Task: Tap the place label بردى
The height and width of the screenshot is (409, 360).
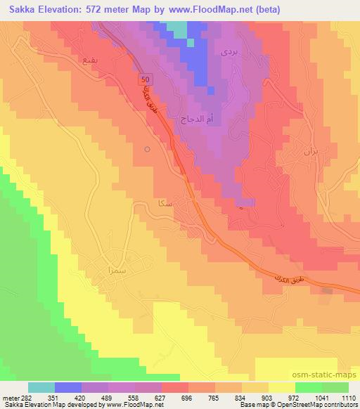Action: pos(228,51)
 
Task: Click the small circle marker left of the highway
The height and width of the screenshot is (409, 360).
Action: pos(146,149)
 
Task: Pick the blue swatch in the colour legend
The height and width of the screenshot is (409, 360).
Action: pos(69,387)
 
